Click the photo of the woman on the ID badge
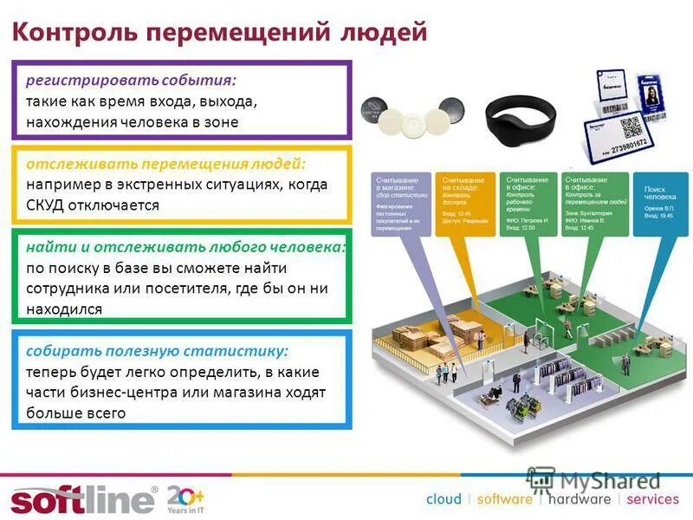[x=651, y=91]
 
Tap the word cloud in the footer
[x=443, y=499]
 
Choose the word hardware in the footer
[x=580, y=499]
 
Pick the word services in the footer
[x=652, y=499]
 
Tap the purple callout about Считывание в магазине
[x=399, y=208]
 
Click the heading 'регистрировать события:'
[x=131, y=80]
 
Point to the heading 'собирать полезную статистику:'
[x=157, y=351]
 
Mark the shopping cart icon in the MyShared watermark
[x=542, y=480]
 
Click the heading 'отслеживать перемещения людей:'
[x=165, y=164]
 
